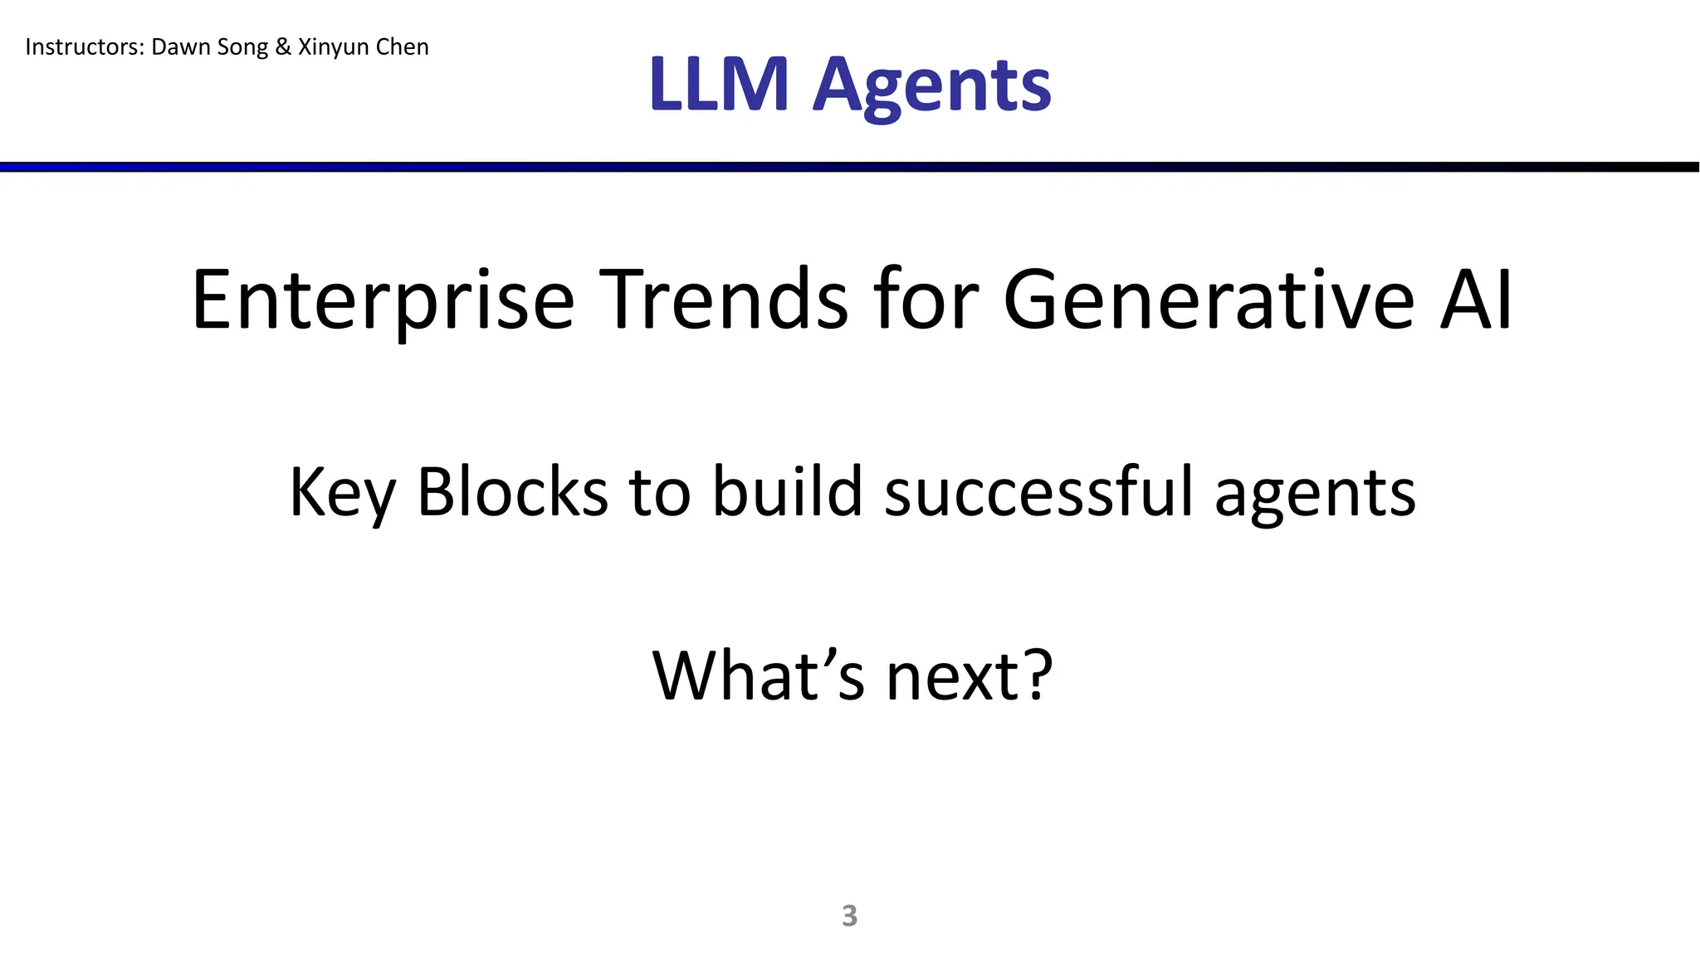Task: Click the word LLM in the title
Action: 719,85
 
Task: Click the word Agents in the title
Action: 931,86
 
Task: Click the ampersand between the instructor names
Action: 283,47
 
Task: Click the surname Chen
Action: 403,47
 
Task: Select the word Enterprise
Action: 383,300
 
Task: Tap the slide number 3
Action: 849,915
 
